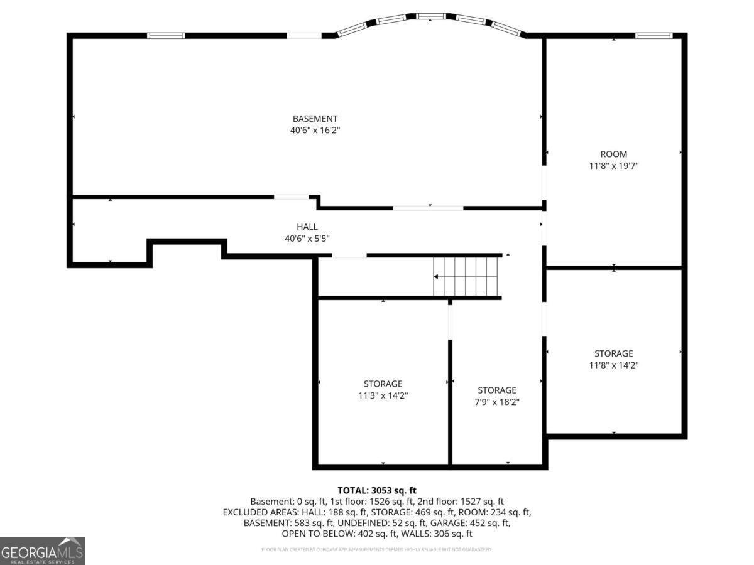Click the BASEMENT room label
click(x=315, y=119)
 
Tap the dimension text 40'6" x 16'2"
click(x=315, y=131)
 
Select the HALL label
click(x=307, y=227)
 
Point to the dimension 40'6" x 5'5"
click(x=307, y=239)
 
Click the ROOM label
click(x=613, y=154)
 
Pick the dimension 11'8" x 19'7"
click(x=613, y=166)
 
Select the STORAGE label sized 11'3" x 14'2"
click(x=383, y=384)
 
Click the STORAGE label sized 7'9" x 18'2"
click(x=496, y=390)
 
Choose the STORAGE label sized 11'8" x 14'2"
click(x=613, y=353)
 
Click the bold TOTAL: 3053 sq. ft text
click(x=377, y=490)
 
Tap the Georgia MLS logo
click(x=42, y=551)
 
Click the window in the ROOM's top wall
click(x=653, y=36)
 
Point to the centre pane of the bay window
click(x=430, y=16)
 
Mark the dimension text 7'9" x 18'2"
click(x=496, y=402)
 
